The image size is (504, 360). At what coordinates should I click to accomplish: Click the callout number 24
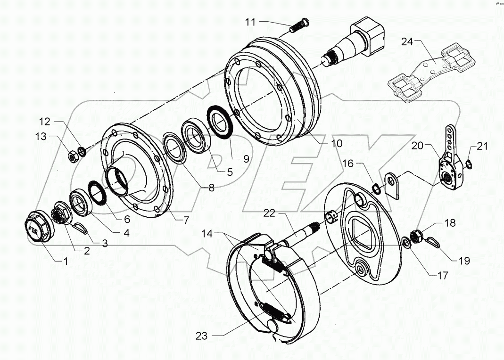pos(407,42)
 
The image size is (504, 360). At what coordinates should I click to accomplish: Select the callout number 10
pos(337,143)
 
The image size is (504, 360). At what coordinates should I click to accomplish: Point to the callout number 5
pos(230,172)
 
